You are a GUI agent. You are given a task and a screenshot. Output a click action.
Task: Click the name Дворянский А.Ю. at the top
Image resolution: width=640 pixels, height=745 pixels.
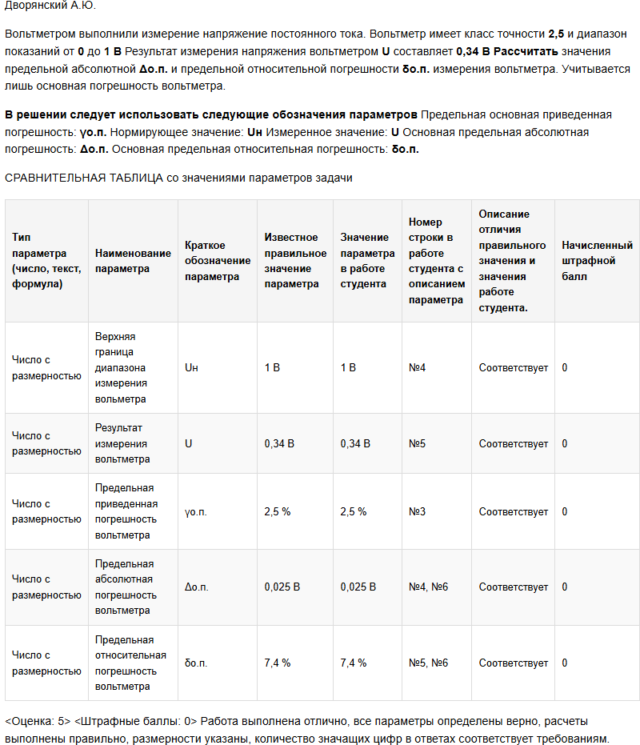click(x=50, y=6)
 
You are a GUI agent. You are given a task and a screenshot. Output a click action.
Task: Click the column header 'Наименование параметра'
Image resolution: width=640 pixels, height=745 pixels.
click(x=133, y=261)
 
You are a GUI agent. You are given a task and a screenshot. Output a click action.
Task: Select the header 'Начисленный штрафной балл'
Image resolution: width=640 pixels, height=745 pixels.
click(x=597, y=261)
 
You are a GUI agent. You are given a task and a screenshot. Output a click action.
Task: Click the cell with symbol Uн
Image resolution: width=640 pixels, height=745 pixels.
click(x=191, y=367)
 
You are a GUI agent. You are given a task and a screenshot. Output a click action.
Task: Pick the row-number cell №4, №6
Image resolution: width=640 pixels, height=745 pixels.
click(x=428, y=587)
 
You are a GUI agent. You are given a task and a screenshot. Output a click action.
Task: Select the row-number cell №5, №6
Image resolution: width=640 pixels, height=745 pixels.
click(x=428, y=663)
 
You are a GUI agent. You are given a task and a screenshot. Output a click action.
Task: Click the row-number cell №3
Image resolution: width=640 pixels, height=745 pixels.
click(x=417, y=511)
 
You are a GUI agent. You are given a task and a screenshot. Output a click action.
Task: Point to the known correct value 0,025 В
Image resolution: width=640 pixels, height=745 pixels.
click(x=282, y=587)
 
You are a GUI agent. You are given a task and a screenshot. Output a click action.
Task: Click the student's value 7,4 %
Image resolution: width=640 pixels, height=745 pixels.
click(x=354, y=663)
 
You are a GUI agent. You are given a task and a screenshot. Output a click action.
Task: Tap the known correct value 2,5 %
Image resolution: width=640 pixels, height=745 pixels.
click(x=278, y=511)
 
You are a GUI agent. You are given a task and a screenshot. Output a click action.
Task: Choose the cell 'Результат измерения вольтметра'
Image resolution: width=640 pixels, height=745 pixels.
click(x=122, y=443)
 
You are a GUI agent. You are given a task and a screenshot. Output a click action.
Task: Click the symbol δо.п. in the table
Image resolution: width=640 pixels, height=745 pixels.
click(x=196, y=663)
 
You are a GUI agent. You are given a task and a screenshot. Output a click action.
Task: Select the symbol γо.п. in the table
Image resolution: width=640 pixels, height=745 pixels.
click(x=195, y=511)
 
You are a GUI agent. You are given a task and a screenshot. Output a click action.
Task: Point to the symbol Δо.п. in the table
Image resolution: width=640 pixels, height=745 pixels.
click(x=196, y=587)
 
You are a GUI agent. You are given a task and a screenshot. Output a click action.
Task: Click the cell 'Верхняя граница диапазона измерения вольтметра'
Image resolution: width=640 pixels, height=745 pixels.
click(x=121, y=367)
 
